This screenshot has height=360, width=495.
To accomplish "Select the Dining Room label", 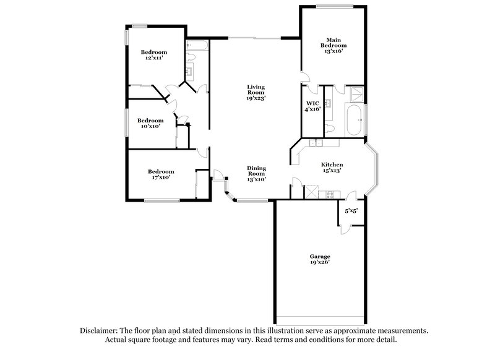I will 256,174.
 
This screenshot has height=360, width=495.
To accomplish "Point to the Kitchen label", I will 332,167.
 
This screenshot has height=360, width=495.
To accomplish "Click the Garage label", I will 320,259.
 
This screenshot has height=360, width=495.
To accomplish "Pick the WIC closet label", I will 312,106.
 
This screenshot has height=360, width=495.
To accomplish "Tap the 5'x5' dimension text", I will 351,212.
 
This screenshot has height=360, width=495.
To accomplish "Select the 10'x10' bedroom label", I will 150,124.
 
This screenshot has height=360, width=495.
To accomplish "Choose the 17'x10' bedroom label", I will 160,174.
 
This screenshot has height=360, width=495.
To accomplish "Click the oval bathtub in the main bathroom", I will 355,120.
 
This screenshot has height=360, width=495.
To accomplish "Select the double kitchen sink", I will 316,144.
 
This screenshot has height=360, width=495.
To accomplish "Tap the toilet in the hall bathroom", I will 191,59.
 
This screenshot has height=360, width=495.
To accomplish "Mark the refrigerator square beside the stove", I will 313,192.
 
